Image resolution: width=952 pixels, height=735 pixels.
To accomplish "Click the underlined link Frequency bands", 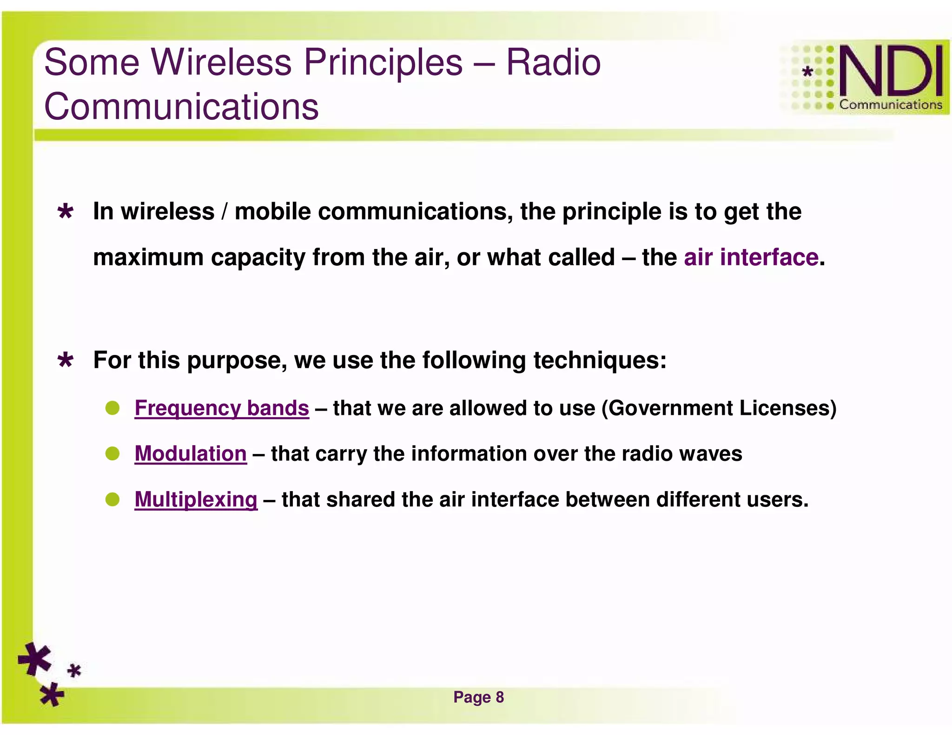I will [x=222, y=408].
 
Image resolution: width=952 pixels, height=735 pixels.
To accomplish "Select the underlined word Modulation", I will [x=191, y=454].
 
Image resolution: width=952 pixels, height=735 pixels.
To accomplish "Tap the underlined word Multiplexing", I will [x=196, y=500].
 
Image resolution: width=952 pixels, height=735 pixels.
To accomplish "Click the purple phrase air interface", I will [x=751, y=257].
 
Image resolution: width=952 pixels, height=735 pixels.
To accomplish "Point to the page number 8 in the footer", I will [x=500, y=697].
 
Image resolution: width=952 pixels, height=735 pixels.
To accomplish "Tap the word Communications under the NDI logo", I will [x=890, y=105].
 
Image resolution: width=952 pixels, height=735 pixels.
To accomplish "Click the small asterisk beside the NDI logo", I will [x=808, y=72].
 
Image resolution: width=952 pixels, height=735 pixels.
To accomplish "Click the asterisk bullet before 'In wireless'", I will [x=66, y=212].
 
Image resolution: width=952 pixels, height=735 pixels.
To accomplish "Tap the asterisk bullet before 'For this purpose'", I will [x=66, y=361].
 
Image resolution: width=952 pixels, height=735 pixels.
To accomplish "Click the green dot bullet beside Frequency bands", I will [x=112, y=408].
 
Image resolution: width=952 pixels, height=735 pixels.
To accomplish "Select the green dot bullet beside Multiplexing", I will [x=112, y=500].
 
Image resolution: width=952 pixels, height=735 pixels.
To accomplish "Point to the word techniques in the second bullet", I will [x=600, y=361].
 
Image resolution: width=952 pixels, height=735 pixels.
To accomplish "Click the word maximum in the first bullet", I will [x=148, y=257].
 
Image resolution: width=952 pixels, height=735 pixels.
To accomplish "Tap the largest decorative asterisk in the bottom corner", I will [x=35, y=659].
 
